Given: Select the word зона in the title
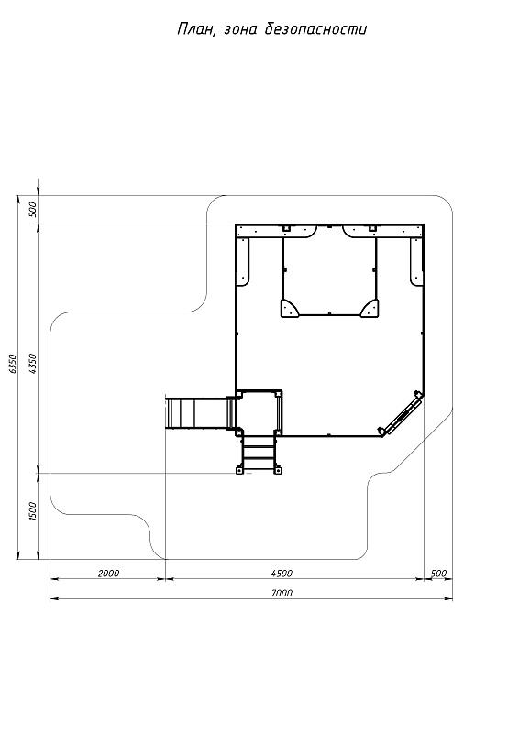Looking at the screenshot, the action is click(x=240, y=30).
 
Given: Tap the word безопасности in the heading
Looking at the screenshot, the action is click(x=315, y=29).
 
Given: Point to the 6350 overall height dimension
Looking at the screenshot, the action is click(x=13, y=363).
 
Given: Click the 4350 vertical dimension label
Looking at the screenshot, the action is click(x=32, y=363).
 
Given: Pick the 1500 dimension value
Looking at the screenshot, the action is click(x=32, y=511).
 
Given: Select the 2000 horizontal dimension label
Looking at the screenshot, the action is click(x=108, y=574).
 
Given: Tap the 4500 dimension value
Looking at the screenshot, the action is click(x=282, y=574).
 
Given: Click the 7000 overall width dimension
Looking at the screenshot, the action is click(x=282, y=593).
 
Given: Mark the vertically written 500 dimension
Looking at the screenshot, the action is click(x=32, y=210).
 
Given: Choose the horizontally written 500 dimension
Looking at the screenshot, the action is click(x=439, y=574).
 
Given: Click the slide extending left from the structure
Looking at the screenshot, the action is click(x=200, y=412).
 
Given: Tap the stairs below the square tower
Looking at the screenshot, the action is click(x=259, y=454).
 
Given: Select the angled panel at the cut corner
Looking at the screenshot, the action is click(x=402, y=412).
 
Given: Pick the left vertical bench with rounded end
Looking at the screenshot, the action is click(x=244, y=261).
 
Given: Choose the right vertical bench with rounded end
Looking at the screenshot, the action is click(x=416, y=261).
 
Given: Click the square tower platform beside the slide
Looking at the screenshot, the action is click(x=259, y=412).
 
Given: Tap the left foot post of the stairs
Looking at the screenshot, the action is click(x=239, y=470).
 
